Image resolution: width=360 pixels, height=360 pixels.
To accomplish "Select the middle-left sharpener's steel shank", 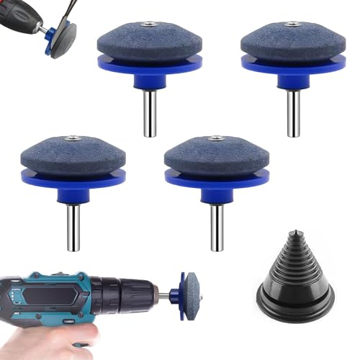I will click(x=72, y=228).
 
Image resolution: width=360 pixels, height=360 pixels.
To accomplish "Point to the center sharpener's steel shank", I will click(x=215, y=228).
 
